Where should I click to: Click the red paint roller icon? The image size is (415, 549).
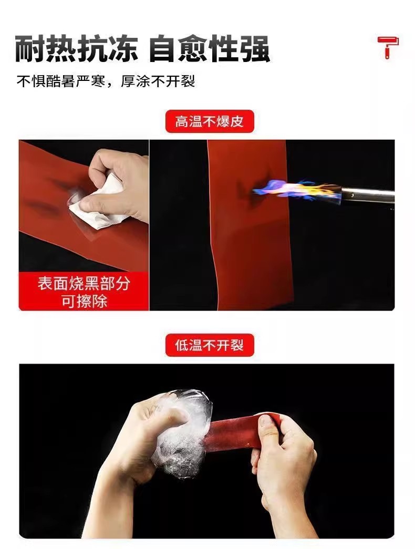click(388, 47)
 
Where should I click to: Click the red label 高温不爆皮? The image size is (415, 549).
click(210, 121)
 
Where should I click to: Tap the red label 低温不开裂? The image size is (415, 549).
click(210, 345)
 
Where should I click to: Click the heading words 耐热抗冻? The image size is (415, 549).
click(76, 49)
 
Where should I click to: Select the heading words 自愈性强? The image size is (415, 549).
click(210, 49)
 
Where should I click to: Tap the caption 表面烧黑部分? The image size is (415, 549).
click(84, 284)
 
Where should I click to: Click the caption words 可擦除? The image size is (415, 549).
click(84, 301)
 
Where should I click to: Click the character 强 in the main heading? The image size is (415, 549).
click(255, 49)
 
